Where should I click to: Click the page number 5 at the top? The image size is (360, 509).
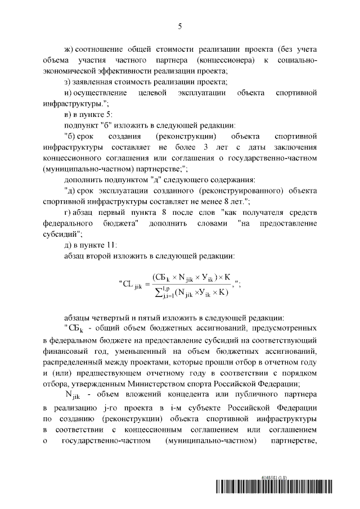pos(180,25)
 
